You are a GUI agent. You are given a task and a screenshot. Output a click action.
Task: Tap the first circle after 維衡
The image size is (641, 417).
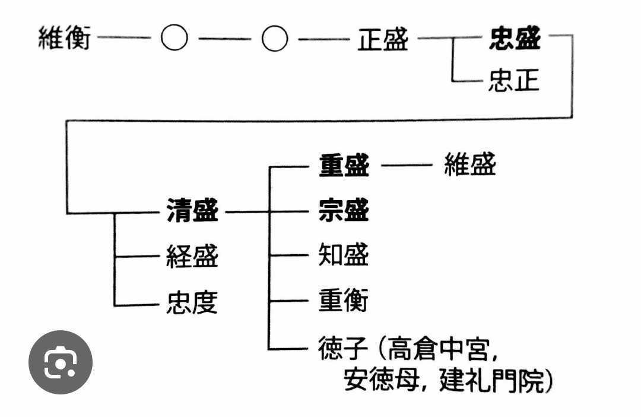click(x=174, y=40)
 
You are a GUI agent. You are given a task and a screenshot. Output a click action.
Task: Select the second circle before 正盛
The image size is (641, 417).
click(x=275, y=40)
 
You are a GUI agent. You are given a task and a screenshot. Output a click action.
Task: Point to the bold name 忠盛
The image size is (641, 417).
click(x=515, y=40)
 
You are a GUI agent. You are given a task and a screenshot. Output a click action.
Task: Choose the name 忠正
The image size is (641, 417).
click(x=514, y=81)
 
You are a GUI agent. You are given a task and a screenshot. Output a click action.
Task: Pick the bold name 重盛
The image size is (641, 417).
click(x=344, y=166)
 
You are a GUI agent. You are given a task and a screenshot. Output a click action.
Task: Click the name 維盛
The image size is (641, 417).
click(x=469, y=165)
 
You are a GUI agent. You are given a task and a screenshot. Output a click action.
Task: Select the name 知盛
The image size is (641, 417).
click(x=344, y=256)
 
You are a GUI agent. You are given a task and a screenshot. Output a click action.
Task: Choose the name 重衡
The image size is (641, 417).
click(x=344, y=301)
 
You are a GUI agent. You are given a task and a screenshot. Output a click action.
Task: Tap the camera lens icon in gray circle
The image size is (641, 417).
click(x=61, y=362)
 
